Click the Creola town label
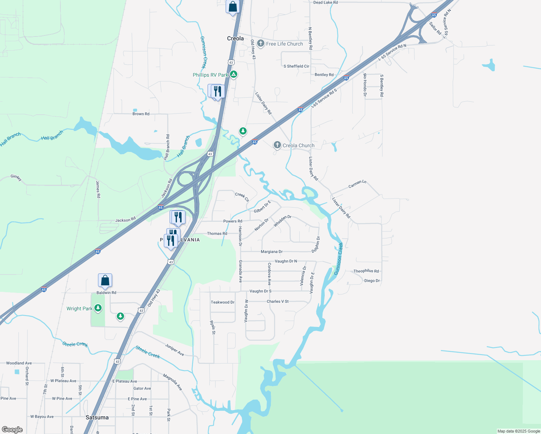click(x=235, y=38)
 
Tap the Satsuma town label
click(x=97, y=417)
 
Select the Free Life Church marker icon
click(x=260, y=44)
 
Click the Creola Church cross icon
click(x=277, y=145)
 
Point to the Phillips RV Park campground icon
click(x=234, y=75)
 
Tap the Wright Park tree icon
click(x=98, y=308)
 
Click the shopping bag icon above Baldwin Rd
click(x=105, y=281)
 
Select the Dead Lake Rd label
click(x=325, y=3)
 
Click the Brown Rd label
click(x=141, y=114)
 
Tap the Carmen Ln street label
click(x=357, y=184)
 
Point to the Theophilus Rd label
click(x=366, y=271)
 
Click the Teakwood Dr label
click(x=222, y=302)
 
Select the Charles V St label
click(x=277, y=301)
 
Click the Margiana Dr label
click(x=272, y=252)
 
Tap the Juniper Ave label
click(x=175, y=350)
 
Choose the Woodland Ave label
click(x=19, y=363)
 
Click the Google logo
click(x=12, y=430)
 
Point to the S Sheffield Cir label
click(x=296, y=66)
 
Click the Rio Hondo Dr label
click(x=365, y=85)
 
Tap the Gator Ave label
click(x=142, y=388)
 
